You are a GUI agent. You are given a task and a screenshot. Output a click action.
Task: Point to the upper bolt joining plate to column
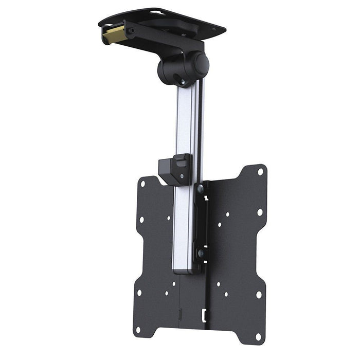tap(201, 189)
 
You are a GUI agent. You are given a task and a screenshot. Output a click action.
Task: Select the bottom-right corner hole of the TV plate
tap(259, 336)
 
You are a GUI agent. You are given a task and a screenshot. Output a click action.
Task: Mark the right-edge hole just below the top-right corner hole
tap(260, 212)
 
